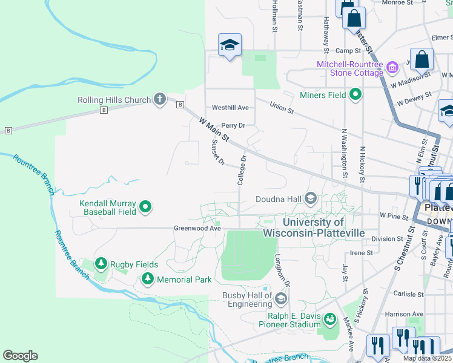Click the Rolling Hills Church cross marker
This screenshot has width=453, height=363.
[160, 99]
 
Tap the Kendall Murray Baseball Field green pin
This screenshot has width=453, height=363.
[145, 208]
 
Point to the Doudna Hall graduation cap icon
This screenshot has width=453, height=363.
[311, 198]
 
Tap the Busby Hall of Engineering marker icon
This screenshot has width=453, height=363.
[280, 298]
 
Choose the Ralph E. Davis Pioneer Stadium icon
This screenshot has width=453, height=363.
[330, 319]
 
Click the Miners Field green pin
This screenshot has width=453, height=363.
[355, 94]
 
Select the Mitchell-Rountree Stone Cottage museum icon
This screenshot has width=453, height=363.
[392, 65]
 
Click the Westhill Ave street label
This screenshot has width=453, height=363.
[230, 108]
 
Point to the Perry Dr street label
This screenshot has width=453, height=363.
[233, 126]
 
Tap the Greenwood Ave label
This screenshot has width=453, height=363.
[197, 229]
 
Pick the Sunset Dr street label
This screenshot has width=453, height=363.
[217, 152]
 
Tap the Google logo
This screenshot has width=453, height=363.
[20, 356]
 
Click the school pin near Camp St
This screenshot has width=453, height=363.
[230, 45]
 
